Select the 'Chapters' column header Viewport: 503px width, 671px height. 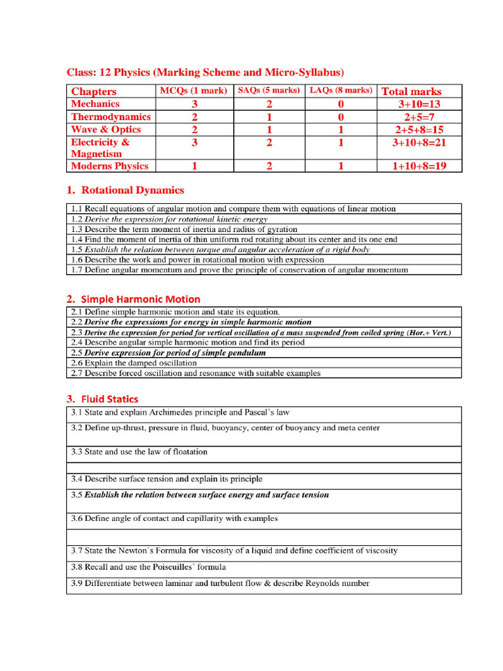pyautogui.click(x=94, y=91)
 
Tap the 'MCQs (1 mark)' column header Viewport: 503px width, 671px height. pyautogui.click(x=193, y=90)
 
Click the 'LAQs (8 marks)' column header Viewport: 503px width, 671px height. pyautogui.click(x=341, y=90)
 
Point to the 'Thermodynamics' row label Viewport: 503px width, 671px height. pyautogui.click(x=111, y=117)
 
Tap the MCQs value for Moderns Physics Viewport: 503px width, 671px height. pyautogui.click(x=195, y=166)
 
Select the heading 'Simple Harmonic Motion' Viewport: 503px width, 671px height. pyautogui.click(x=140, y=299)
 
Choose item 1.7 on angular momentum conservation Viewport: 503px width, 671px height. pyautogui.click(x=239, y=269)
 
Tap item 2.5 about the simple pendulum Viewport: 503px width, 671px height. pyautogui.click(x=168, y=353)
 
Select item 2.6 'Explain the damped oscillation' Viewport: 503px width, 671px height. pyautogui.click(x=134, y=362)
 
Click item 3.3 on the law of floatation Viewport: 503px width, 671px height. pyautogui.click(x=139, y=451)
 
